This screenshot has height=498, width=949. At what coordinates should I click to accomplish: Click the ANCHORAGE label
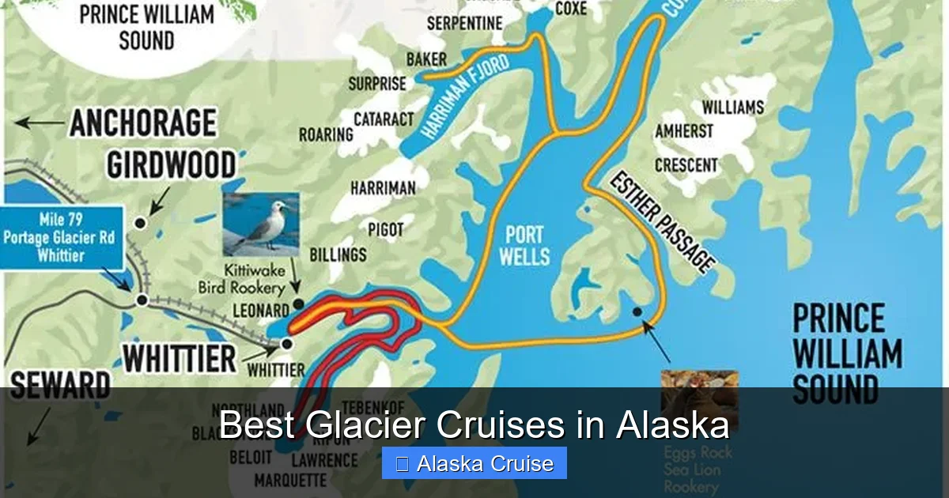coord(142,123)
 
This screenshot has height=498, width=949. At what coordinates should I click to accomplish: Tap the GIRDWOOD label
coord(171,165)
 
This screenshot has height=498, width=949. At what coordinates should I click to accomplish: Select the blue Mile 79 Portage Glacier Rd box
coord(62,237)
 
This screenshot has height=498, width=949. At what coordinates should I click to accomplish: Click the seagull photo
coord(261,224)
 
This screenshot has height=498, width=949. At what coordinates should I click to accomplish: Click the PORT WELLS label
coord(524,245)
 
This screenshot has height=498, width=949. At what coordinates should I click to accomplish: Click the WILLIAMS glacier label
coord(732,107)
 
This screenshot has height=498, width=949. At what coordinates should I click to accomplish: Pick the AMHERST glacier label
coord(683,131)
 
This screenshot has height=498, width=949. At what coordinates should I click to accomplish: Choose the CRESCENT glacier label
coord(686,165)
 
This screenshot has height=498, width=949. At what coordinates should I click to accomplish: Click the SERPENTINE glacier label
coord(464,24)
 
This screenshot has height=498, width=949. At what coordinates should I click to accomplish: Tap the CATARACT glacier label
coord(384,119)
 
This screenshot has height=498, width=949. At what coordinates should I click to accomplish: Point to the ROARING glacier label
coord(325,134)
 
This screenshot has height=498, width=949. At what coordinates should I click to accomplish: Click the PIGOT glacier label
coord(385,230)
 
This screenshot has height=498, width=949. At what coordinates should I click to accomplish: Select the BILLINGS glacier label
coord(338,255)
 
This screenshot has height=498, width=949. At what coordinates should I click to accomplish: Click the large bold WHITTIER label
coord(179,358)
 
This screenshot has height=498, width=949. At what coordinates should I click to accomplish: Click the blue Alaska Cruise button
coord(475,463)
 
